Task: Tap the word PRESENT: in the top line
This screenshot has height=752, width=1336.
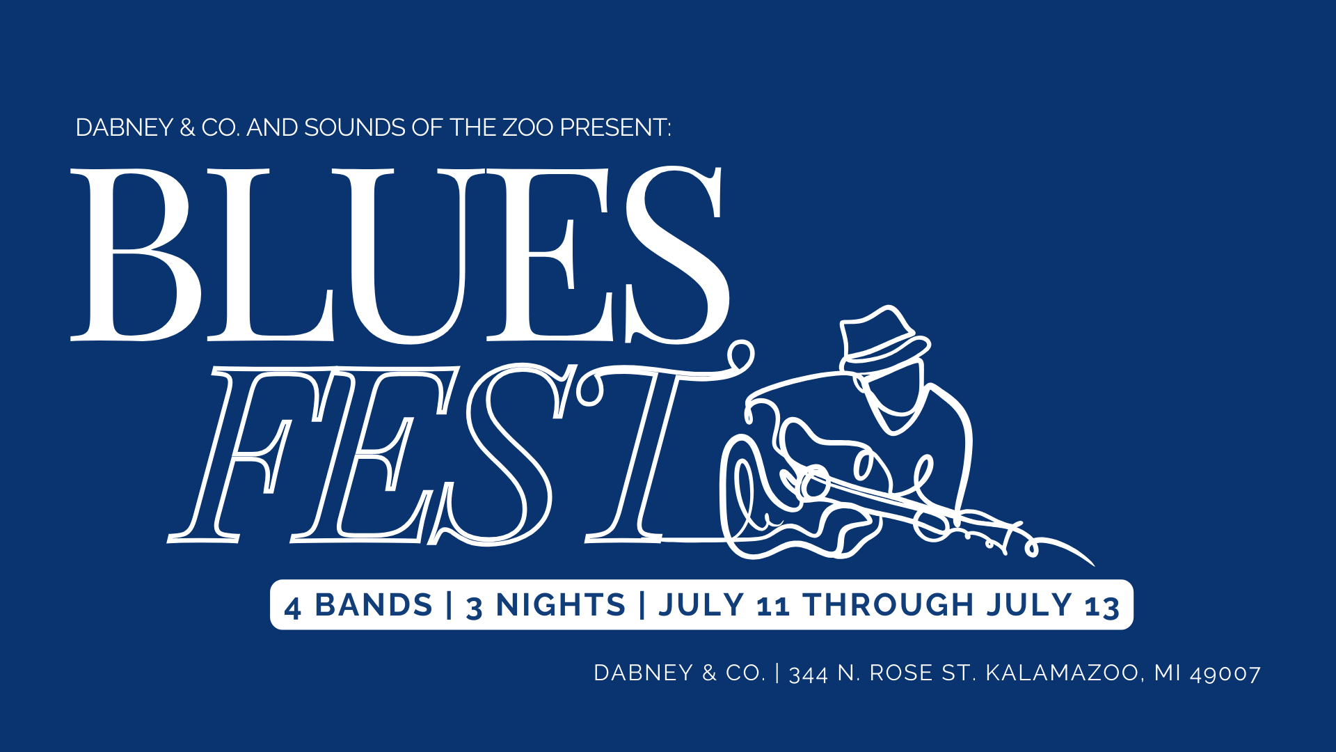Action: point(616,128)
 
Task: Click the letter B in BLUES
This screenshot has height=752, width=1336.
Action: point(136,255)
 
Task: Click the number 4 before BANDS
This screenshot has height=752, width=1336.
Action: point(293,607)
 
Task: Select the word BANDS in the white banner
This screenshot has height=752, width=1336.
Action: point(374,605)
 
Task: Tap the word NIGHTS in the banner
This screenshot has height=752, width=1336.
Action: point(561,605)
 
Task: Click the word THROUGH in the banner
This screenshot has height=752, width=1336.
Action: point(888,605)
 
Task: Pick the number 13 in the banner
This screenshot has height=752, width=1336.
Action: point(1102,607)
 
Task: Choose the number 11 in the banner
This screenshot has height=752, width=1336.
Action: point(773,607)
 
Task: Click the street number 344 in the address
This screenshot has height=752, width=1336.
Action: point(808,674)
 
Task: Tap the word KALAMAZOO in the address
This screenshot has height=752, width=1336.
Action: point(1062,673)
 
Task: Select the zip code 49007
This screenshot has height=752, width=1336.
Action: point(1225,674)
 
